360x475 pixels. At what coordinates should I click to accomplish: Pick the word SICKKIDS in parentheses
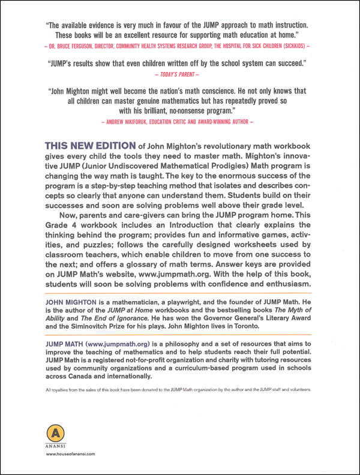289,45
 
